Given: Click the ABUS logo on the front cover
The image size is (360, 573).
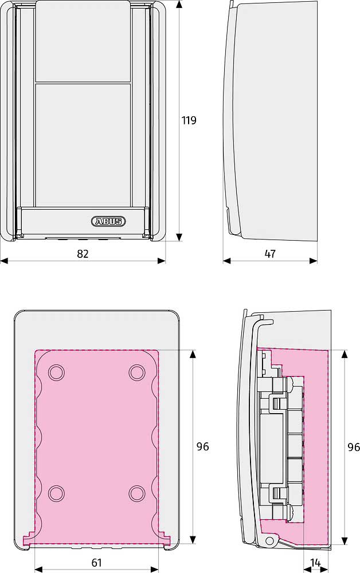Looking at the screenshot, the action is tap(108, 221).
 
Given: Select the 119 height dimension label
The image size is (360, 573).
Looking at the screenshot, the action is tap(189, 120).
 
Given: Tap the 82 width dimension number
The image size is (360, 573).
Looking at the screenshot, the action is tap(83, 254).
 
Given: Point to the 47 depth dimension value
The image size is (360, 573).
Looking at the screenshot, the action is tap(270, 254).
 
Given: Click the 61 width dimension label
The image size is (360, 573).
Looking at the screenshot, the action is tap(96, 563).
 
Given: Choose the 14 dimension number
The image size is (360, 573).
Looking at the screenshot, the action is tap(315, 563).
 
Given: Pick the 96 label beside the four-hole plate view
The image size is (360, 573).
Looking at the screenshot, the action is tap(202, 446).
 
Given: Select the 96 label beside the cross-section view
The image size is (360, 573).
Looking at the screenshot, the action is tap(354, 447).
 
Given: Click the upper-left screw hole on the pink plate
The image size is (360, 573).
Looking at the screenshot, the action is tap(56, 373).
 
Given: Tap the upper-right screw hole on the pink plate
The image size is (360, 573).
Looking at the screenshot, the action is tap(137, 373).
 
